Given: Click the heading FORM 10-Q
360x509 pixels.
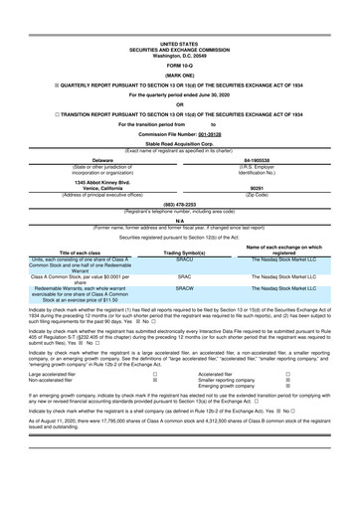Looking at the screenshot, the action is tap(179, 65).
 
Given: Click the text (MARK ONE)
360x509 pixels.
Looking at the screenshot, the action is tap(179, 76).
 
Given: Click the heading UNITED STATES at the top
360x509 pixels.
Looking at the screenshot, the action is tap(179, 45).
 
